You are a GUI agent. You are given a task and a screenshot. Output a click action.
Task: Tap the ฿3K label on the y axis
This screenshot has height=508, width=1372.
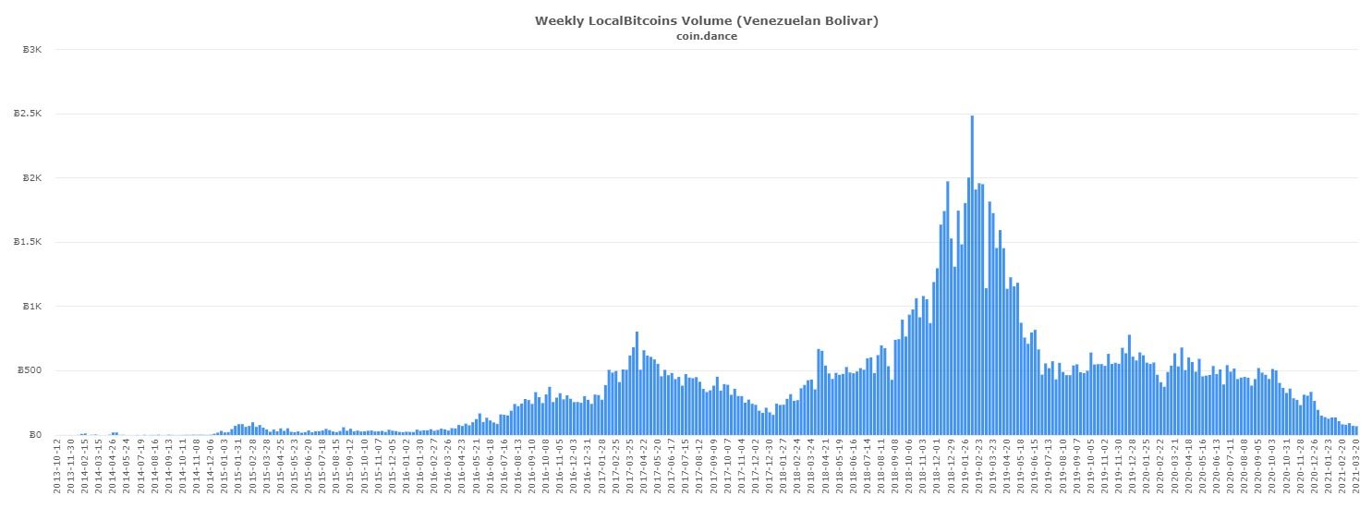click(x=32, y=49)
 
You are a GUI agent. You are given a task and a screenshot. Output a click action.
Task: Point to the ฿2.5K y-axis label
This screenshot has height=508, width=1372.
click(x=28, y=114)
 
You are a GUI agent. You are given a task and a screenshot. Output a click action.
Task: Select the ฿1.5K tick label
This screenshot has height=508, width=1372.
click(x=28, y=242)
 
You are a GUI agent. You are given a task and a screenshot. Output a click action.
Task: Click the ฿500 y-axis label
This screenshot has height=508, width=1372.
click(x=30, y=370)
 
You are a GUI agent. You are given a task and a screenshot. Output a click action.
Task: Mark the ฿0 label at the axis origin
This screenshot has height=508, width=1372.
click(x=35, y=435)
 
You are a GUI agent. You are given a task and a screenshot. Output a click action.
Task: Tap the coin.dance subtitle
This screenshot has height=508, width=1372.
click(x=707, y=36)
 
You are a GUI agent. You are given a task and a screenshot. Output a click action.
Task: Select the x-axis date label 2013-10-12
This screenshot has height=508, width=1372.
click(x=56, y=467)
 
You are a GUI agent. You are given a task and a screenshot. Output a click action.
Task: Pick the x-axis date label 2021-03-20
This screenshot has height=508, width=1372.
click(x=1355, y=467)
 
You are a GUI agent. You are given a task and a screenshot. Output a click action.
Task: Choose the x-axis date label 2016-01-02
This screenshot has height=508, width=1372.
click(x=407, y=467)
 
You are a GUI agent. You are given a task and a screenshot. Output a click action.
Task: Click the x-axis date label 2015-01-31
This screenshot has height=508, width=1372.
click(x=237, y=467)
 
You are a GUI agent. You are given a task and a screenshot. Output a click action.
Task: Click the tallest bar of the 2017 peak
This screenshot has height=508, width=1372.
click(x=637, y=383)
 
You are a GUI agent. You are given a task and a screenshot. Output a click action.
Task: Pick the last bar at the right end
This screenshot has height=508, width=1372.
click(x=1355, y=430)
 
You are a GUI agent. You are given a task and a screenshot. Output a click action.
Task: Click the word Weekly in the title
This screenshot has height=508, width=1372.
click(x=559, y=20)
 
